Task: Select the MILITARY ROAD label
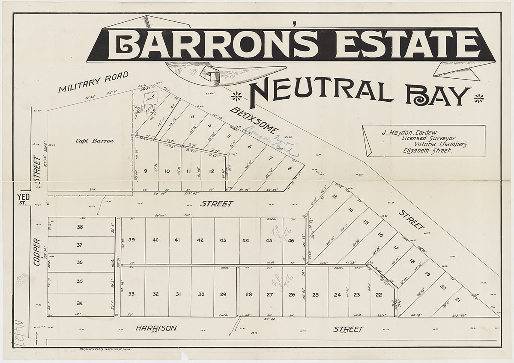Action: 93,83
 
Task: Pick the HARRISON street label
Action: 156,328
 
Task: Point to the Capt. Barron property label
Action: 95,141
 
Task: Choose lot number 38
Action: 80,227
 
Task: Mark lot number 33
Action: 131,294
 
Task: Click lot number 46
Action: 291,240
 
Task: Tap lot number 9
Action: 145,171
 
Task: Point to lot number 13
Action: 335,197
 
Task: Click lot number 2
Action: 173,106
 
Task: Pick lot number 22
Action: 379,295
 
